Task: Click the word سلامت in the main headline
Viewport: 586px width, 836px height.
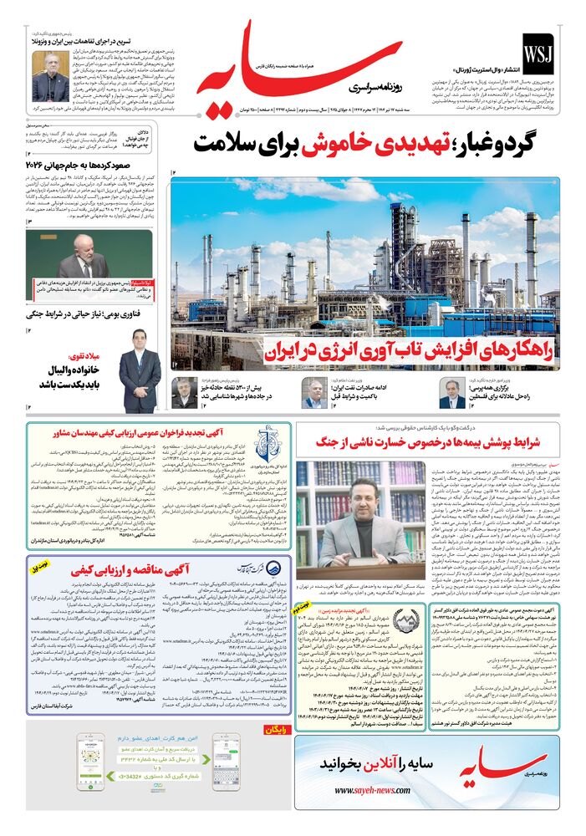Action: (232, 143)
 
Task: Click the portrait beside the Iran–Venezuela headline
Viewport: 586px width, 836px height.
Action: (50, 76)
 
